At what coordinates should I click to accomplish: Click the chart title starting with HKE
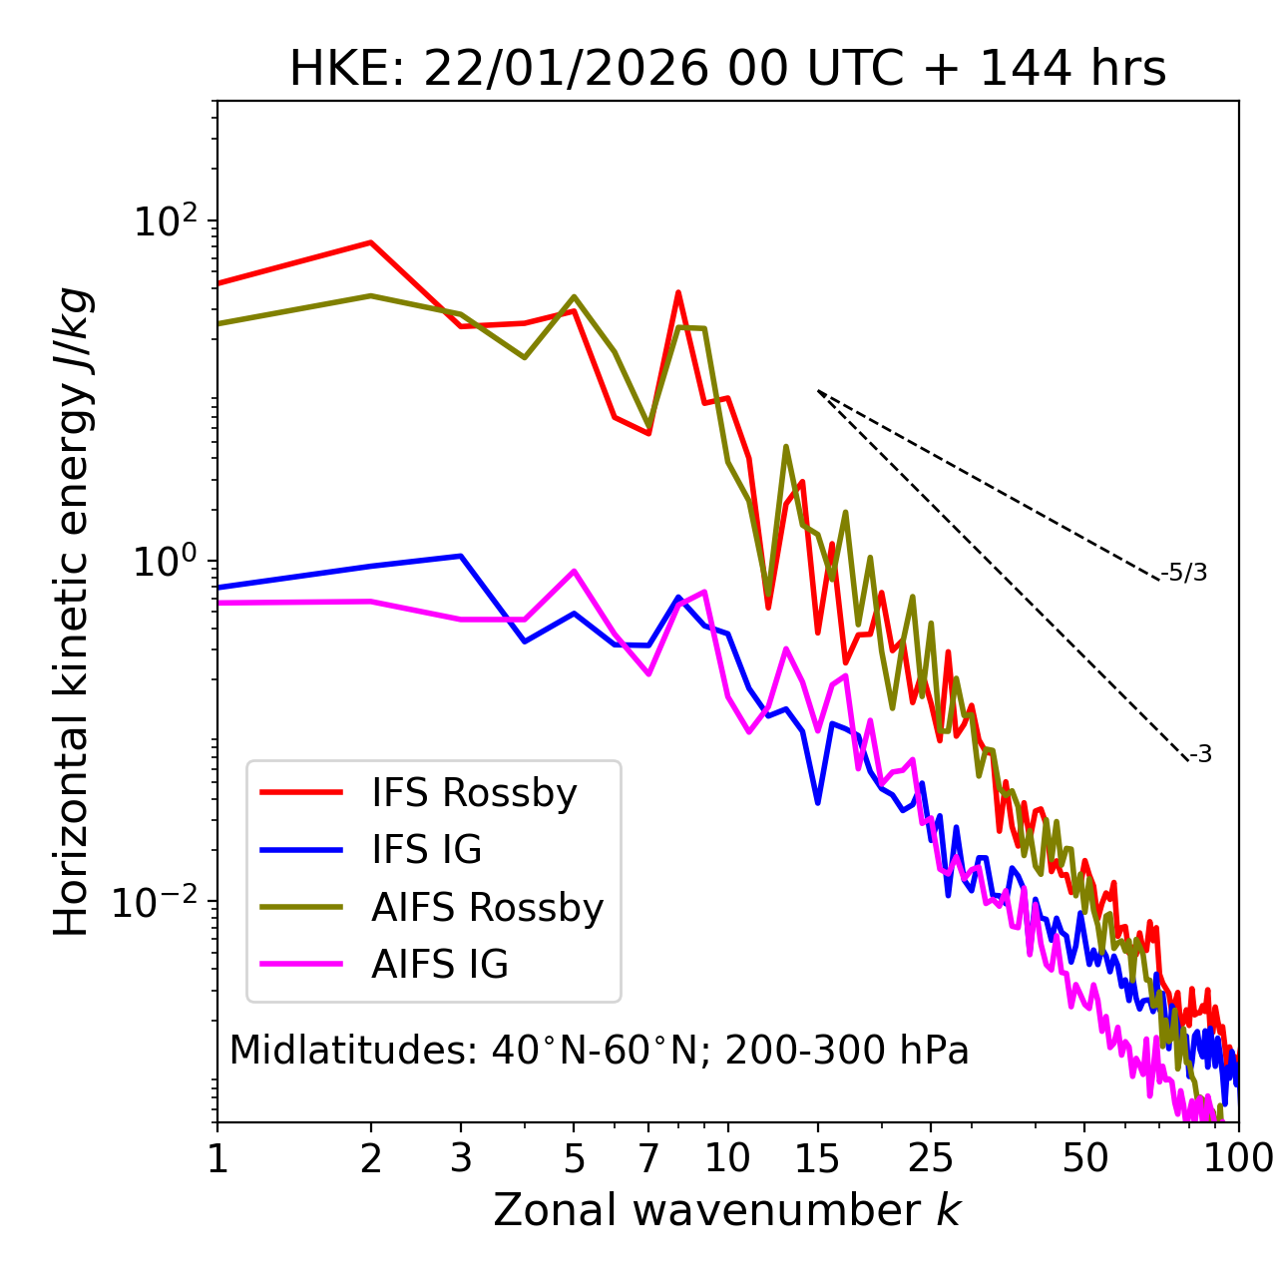click(727, 69)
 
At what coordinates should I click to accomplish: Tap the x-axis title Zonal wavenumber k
click(726, 1209)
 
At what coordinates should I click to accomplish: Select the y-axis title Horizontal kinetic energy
click(72, 612)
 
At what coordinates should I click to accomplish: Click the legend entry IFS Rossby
click(474, 793)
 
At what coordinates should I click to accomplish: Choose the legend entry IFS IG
click(426, 850)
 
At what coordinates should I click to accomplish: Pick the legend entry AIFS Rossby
click(487, 908)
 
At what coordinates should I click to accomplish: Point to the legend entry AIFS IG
click(440, 965)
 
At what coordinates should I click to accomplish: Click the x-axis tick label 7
click(648, 1158)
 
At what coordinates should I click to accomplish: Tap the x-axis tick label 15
click(817, 1158)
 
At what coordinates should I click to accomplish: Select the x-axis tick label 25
click(931, 1158)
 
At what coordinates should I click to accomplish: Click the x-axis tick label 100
click(1238, 1158)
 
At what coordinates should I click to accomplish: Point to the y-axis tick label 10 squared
click(166, 220)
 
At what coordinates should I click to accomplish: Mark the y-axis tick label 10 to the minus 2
click(160, 902)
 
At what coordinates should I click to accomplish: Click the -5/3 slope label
click(1184, 573)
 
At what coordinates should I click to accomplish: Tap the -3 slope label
click(1200, 754)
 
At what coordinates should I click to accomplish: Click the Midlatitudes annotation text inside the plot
click(599, 1051)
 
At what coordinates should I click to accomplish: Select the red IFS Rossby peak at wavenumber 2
click(371, 242)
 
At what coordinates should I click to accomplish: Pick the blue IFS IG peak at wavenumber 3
click(460, 556)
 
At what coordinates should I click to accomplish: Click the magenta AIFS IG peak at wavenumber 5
click(574, 571)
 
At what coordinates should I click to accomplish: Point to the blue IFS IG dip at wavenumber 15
click(818, 802)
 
